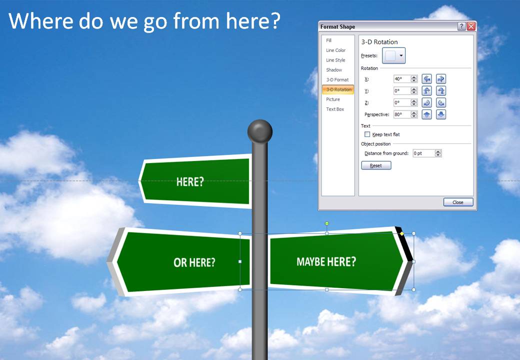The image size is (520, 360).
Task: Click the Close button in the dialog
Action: tap(457, 202)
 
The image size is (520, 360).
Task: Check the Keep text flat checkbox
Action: tap(367, 134)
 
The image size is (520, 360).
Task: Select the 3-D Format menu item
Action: tap(337, 80)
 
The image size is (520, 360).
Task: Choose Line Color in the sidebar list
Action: tap(336, 50)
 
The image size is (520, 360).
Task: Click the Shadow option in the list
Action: tap(334, 70)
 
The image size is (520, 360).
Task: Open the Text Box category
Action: tap(335, 109)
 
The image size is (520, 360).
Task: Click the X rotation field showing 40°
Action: tap(402, 79)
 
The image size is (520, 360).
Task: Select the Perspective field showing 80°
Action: tap(402, 114)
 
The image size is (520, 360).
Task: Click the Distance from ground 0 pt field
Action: tap(423, 153)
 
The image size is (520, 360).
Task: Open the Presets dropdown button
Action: tap(393, 56)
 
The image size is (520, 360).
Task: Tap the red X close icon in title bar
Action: tap(470, 26)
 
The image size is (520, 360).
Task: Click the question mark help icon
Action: tap(461, 26)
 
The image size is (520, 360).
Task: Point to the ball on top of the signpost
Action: tap(260, 131)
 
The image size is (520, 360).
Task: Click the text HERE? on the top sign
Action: tap(190, 182)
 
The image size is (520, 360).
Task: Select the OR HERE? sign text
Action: tap(194, 262)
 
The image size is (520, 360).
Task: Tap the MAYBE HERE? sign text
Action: tap(326, 261)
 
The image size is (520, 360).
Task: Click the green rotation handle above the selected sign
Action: tap(327, 223)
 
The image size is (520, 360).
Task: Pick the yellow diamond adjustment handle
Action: tap(401, 233)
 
